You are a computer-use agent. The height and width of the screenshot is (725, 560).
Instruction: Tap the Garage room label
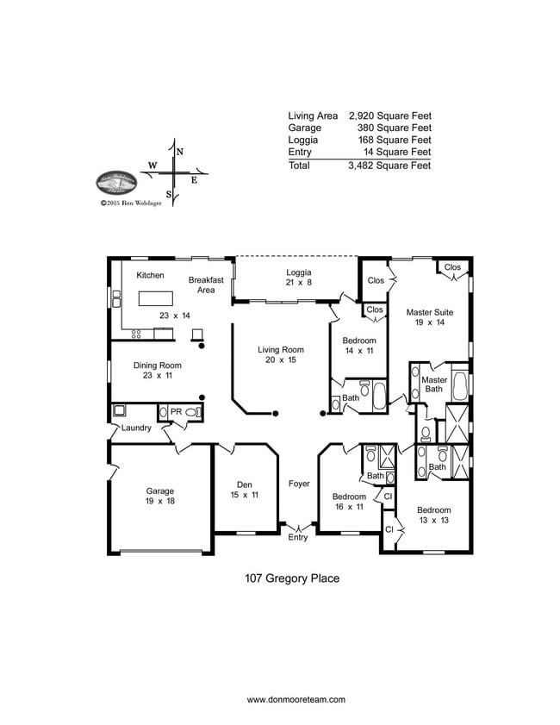point(159,491)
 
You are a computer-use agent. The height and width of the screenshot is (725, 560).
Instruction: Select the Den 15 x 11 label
point(244,489)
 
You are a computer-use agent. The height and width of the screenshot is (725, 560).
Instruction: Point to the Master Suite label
point(430,312)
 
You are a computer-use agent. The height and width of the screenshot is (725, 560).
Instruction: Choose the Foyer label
point(299,484)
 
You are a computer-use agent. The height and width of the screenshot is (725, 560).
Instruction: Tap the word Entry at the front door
point(297,538)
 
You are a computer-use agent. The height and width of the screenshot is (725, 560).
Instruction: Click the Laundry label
point(136,428)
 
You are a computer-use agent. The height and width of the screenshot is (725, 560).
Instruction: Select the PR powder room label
point(176,412)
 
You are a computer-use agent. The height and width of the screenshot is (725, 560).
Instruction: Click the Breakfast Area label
point(206,285)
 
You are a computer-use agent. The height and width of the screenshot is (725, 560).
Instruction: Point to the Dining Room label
point(158,366)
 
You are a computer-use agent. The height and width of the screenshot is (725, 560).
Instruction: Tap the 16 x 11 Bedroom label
point(349,497)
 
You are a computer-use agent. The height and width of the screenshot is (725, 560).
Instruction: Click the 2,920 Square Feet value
point(389,115)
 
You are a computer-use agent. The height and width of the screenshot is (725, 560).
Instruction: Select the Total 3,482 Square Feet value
point(389,165)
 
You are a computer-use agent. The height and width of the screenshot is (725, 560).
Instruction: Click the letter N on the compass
point(179,152)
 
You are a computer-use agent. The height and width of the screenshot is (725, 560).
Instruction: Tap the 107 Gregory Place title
point(292,578)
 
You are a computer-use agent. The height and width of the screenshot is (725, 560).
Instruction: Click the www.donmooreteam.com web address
point(296,699)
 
